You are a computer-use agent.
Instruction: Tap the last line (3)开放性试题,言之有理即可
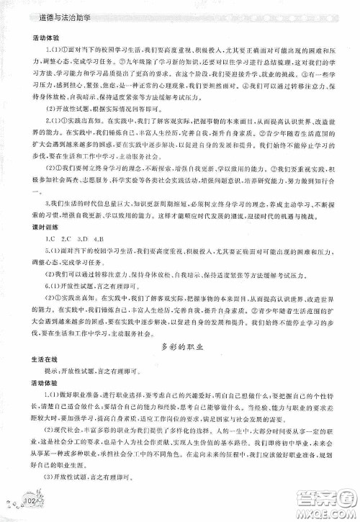94,497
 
